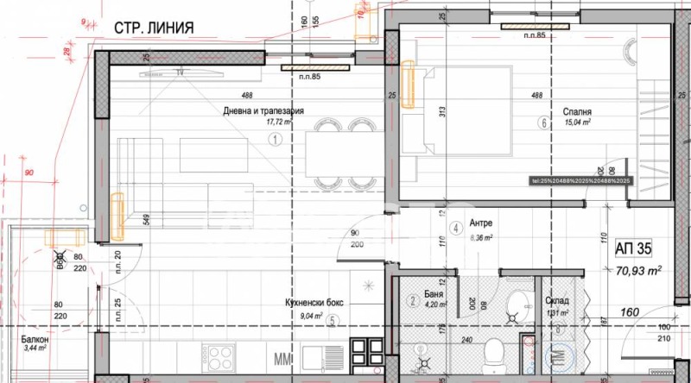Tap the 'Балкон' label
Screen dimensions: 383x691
coord(35,340)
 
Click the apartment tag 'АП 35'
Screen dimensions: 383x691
coord(633,249)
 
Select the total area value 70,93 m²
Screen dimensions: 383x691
coord(638,270)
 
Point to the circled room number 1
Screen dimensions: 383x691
coord(276,138)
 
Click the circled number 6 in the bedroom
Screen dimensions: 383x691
coord(543,122)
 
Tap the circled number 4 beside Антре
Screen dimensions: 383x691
coord(455,229)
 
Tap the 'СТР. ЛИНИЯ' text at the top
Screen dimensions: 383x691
coord(153,28)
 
